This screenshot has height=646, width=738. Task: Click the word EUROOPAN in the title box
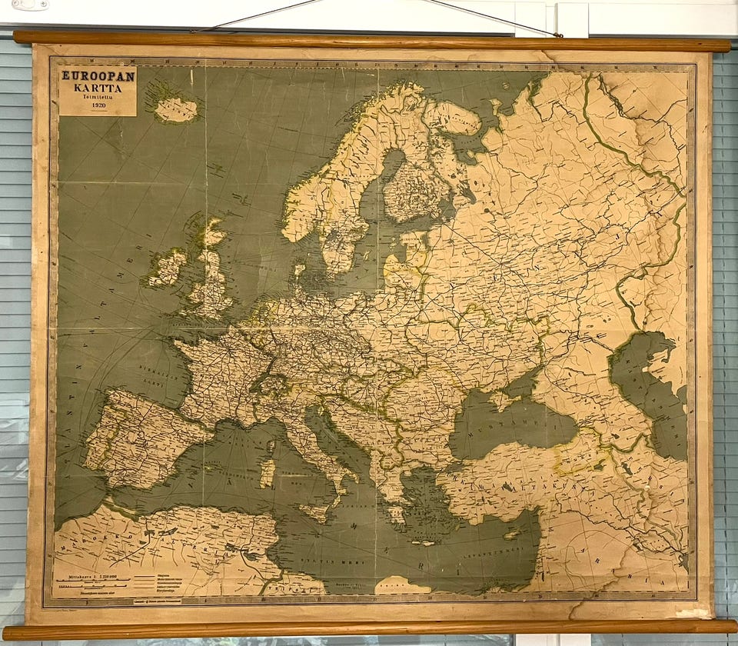coord(97,78)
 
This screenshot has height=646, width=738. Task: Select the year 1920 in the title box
coord(97,105)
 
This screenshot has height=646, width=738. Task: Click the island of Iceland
coord(175,109)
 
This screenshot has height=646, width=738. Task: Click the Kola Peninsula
coord(454,116)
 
